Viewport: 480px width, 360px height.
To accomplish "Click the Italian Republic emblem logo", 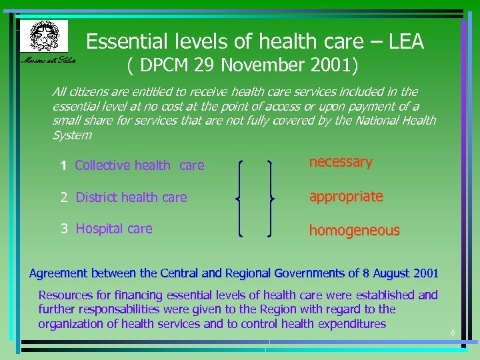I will tap(44, 36).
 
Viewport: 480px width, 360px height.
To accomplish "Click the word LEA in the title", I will tap(403, 42).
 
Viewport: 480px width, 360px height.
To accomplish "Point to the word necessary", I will tap(340, 162).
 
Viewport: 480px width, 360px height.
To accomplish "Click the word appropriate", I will tap(345, 197).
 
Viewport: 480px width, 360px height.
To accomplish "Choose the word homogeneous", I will tap(353, 231).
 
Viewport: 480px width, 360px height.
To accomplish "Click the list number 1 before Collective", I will tap(63, 166).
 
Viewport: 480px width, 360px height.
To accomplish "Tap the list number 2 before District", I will tap(64, 197).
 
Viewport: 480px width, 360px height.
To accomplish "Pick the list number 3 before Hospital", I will tap(64, 229).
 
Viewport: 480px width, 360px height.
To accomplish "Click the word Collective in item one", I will tap(102, 165).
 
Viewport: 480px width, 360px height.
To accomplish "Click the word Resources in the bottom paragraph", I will tap(67, 295).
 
